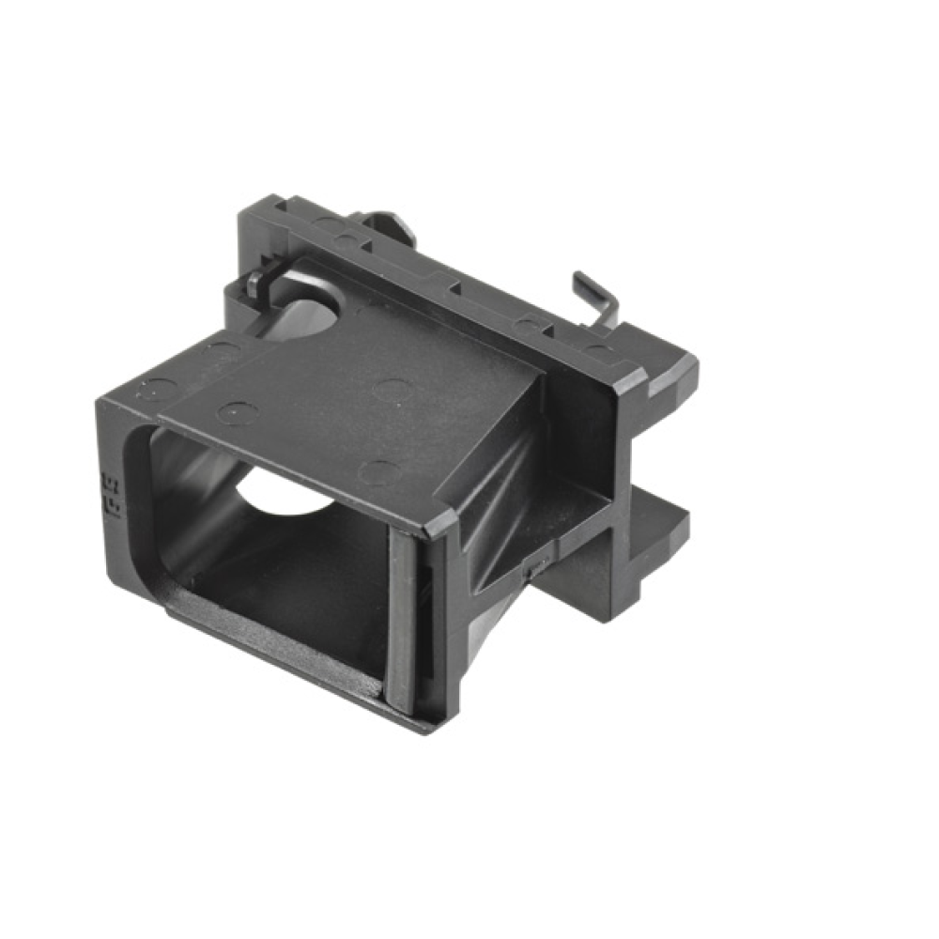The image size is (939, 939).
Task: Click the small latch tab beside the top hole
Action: click(262, 280)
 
